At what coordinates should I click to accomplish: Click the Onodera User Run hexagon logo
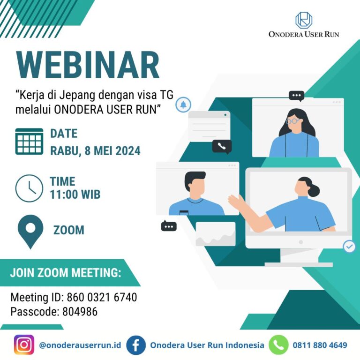[x=304, y=20]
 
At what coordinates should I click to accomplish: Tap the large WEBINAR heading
[x=88, y=65]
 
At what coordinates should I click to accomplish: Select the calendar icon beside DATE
[x=29, y=141]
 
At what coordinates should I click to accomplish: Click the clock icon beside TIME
[x=29, y=188]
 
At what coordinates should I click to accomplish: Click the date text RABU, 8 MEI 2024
[x=95, y=151]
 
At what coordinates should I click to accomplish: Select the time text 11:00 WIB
[x=75, y=194]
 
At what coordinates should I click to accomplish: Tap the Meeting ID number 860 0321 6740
[x=102, y=297]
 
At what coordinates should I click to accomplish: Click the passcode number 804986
[x=80, y=312]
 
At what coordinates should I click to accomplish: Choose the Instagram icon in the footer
[x=24, y=345]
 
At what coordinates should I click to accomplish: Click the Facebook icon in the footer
[x=136, y=345]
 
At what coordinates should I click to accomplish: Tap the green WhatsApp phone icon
[x=278, y=345]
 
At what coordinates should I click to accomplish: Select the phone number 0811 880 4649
[x=320, y=345]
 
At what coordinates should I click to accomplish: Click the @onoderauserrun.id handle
[x=80, y=345]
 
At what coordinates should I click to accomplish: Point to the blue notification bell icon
[x=183, y=105]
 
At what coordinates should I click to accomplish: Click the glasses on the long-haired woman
[x=292, y=121]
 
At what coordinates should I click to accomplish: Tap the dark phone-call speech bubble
[x=222, y=146]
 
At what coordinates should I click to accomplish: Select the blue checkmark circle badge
[x=349, y=247]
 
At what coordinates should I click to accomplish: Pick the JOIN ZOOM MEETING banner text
[x=66, y=273]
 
